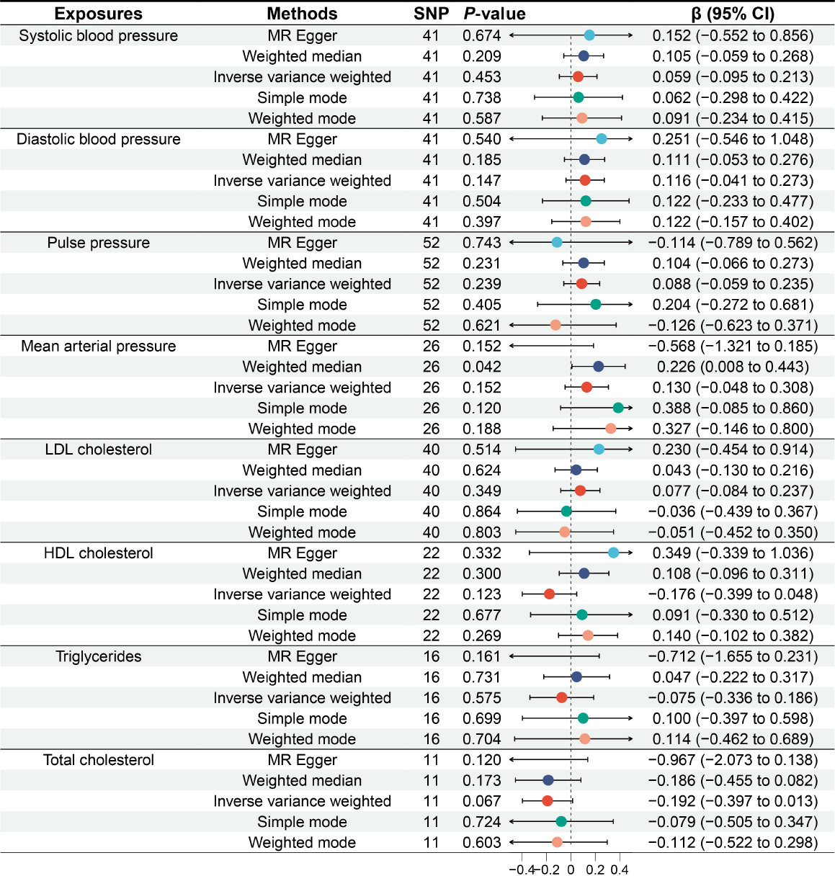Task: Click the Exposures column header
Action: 98,14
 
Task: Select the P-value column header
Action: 494,14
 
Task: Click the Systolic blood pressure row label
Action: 98,36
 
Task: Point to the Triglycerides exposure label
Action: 98,656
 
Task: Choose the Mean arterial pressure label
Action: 98,346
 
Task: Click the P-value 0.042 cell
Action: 482,367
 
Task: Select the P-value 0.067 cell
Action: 482,801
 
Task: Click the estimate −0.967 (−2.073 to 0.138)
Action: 733,760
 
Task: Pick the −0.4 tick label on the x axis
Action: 522,870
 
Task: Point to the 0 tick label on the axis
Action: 571,870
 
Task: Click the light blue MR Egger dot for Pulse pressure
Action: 557,243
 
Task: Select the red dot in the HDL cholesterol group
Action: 550,594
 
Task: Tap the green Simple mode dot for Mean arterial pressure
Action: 618,408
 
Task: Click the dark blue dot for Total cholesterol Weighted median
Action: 548,780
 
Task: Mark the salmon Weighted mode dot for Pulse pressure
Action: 555,326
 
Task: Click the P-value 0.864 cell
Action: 482,511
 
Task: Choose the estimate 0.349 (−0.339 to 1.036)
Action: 733,553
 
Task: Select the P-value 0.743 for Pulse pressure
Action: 482,243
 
